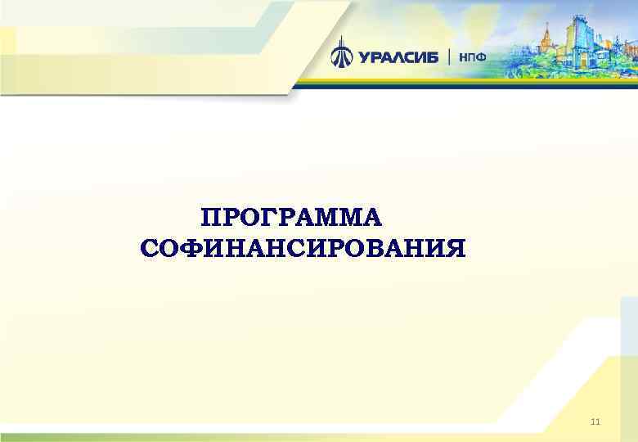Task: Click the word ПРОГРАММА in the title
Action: click(x=291, y=219)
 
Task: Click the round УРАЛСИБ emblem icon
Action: click(x=341, y=55)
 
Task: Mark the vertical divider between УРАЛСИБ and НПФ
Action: click(x=449, y=56)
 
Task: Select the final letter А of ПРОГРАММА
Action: click(x=371, y=219)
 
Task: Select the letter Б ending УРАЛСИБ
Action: click(x=433, y=56)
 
